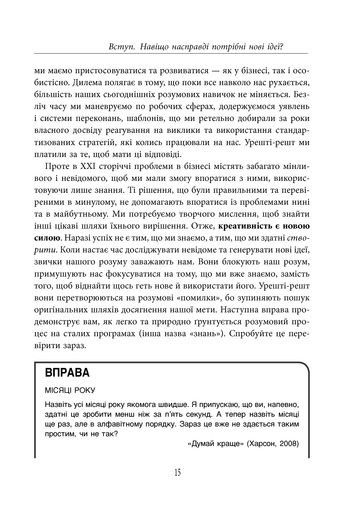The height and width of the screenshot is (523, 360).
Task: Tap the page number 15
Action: click(x=178, y=472)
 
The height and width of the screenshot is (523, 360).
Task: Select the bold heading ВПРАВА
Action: click(x=67, y=373)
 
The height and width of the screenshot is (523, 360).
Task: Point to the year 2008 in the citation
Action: click(x=288, y=444)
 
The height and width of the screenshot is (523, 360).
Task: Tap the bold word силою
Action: click(x=47, y=238)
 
